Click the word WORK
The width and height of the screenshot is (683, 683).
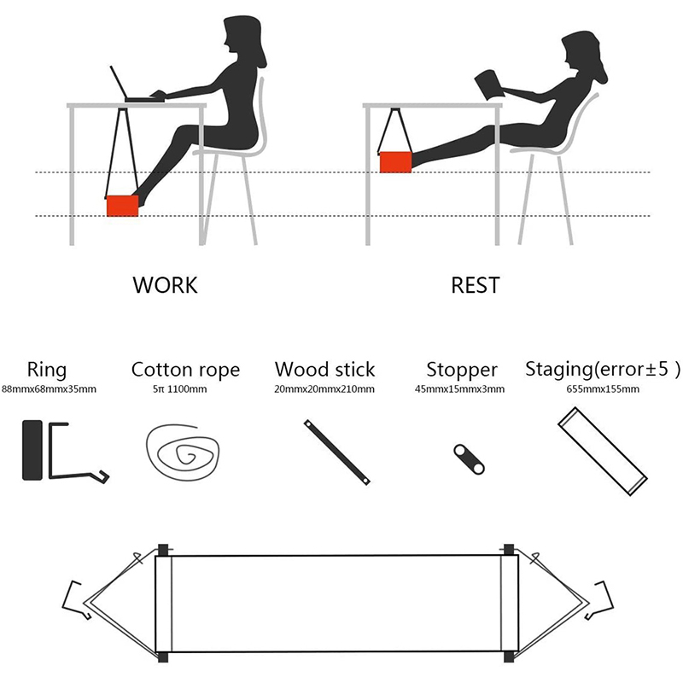(165, 285)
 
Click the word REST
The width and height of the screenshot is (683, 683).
(476, 285)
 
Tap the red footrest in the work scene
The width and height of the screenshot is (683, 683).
(122, 206)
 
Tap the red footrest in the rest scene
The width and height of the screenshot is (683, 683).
(395, 162)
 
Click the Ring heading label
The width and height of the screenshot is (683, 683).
(47, 371)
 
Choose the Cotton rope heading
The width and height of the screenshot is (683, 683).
(185, 371)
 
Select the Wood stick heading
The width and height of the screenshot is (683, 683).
(325, 370)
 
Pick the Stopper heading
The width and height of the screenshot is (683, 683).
(462, 371)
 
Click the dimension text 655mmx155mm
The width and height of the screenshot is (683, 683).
(603, 389)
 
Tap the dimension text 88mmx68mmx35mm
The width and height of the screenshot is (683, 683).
(49, 389)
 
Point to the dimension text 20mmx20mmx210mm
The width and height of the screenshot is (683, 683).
(324, 389)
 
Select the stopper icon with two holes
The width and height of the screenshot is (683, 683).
(469, 459)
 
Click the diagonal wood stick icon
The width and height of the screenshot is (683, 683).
(337, 452)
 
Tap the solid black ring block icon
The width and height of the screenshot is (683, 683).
(32, 450)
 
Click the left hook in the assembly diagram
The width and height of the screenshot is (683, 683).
(77, 600)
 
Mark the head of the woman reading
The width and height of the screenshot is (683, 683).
(584, 55)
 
